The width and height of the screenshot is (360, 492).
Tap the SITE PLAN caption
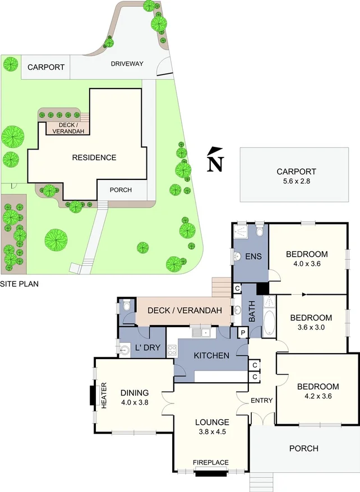click(20, 284)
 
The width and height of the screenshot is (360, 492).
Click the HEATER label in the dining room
click(103, 396)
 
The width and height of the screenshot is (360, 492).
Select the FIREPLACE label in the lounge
click(211, 462)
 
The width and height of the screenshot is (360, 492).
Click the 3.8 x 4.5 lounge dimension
click(212, 432)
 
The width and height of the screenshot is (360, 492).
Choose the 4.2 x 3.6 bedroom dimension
click(317, 396)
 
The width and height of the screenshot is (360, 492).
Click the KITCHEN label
click(211, 355)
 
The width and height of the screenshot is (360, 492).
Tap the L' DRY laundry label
click(148, 348)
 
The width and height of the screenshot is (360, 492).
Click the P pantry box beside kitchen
click(243, 332)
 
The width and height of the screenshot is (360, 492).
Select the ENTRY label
click(261, 400)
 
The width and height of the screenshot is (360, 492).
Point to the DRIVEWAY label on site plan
click(127, 64)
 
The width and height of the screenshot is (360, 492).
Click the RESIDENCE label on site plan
click(94, 157)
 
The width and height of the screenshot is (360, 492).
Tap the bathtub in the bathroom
click(269, 325)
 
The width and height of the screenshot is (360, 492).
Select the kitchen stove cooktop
click(171, 351)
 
